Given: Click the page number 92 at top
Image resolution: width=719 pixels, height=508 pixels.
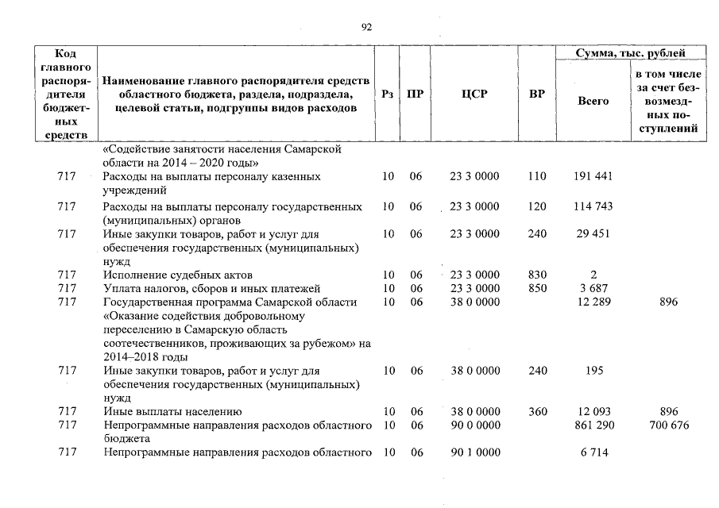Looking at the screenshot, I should (366, 27).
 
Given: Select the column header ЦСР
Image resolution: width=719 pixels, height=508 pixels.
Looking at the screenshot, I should (474, 94).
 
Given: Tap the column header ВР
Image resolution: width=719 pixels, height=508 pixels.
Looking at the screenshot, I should (537, 94).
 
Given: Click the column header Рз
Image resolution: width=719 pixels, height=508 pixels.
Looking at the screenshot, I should (387, 94).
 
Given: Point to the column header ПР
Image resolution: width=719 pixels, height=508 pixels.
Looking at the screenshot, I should (415, 94).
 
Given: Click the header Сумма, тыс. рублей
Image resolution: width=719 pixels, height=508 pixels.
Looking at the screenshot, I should (630, 53).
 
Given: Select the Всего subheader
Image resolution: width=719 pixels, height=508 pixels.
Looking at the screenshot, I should (593, 101).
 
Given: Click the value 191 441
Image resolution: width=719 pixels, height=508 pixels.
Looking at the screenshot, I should (593, 176).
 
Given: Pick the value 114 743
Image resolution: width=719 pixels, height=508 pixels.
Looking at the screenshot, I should (593, 206).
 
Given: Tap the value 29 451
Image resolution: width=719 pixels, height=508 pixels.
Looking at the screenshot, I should (593, 234).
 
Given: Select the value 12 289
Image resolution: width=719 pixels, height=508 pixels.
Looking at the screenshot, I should (593, 302).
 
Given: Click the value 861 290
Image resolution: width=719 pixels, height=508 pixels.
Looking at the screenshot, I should (593, 425).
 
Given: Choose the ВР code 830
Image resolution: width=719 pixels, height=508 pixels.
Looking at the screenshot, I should (537, 275).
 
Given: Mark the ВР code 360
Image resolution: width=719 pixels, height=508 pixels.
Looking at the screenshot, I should (537, 412).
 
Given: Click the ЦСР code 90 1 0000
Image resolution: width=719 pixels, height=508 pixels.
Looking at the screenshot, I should (474, 453).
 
